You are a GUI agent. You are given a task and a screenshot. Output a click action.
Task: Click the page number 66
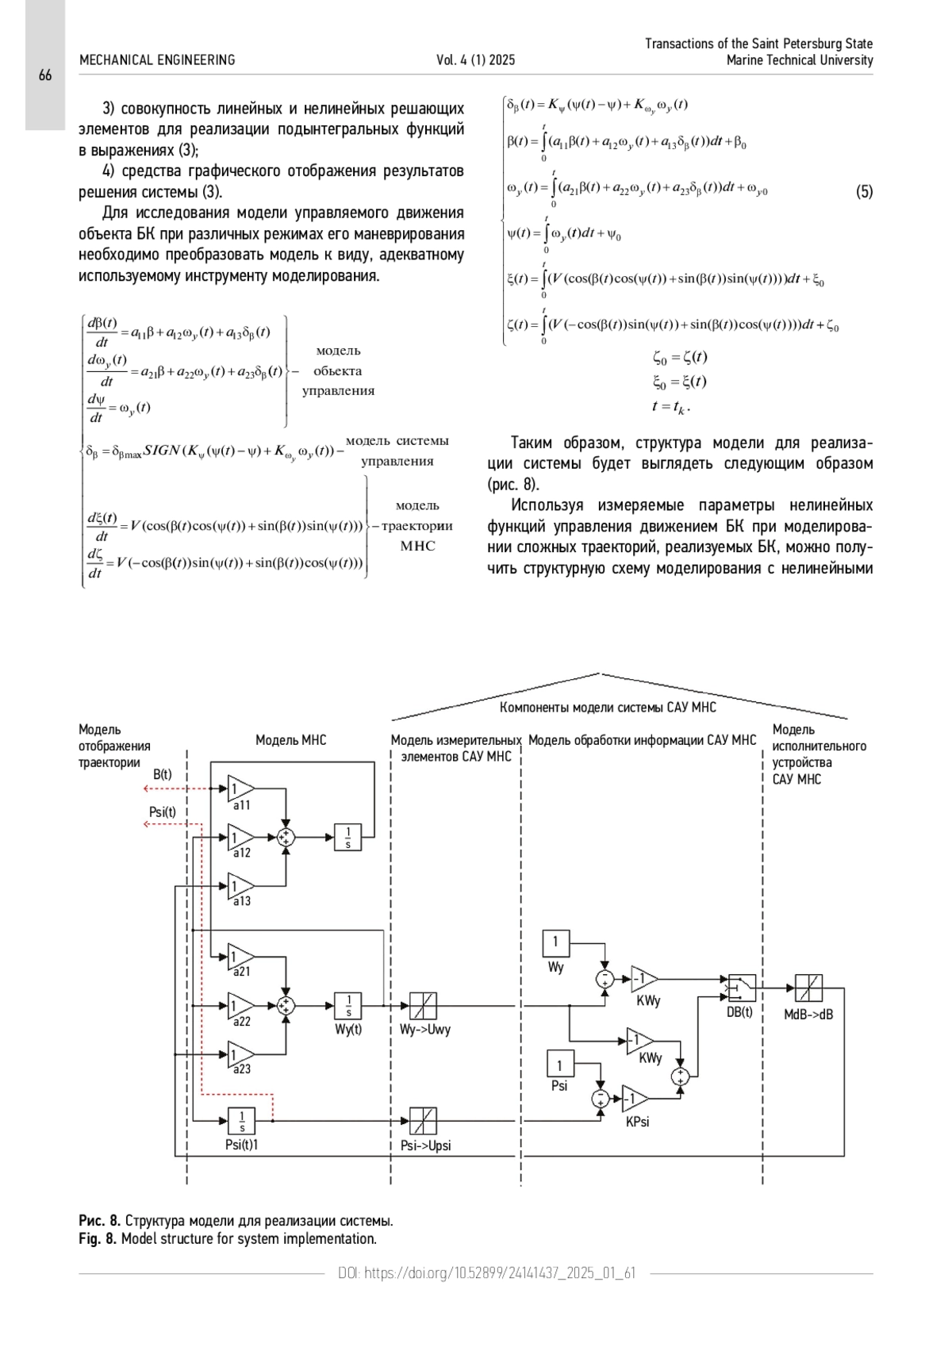pyautogui.click(x=45, y=75)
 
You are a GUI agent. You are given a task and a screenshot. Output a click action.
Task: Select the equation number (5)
pyautogui.click(x=864, y=192)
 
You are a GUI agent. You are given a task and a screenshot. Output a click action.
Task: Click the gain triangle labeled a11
pyautogui.click(x=240, y=789)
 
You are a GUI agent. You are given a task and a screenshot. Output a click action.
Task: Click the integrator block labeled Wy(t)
pyautogui.click(x=348, y=1005)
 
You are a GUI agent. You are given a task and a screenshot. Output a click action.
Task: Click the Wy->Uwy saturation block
pyautogui.click(x=423, y=1005)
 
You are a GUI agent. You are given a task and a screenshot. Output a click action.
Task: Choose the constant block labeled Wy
pyautogui.click(x=555, y=943)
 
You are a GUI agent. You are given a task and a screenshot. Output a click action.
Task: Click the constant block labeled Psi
pyautogui.click(x=561, y=1063)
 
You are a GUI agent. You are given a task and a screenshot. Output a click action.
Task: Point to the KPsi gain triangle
pyautogui.click(x=635, y=1099)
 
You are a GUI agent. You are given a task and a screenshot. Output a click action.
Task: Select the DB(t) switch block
pyautogui.click(x=742, y=988)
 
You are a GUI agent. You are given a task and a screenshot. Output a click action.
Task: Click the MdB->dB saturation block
pyautogui.click(x=808, y=988)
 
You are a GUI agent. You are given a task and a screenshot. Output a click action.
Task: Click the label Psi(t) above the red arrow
pyautogui.click(x=163, y=812)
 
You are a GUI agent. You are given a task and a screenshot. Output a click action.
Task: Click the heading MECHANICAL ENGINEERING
pyautogui.click(x=157, y=60)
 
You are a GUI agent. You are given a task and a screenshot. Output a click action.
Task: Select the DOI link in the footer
pyautogui.click(x=486, y=1273)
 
